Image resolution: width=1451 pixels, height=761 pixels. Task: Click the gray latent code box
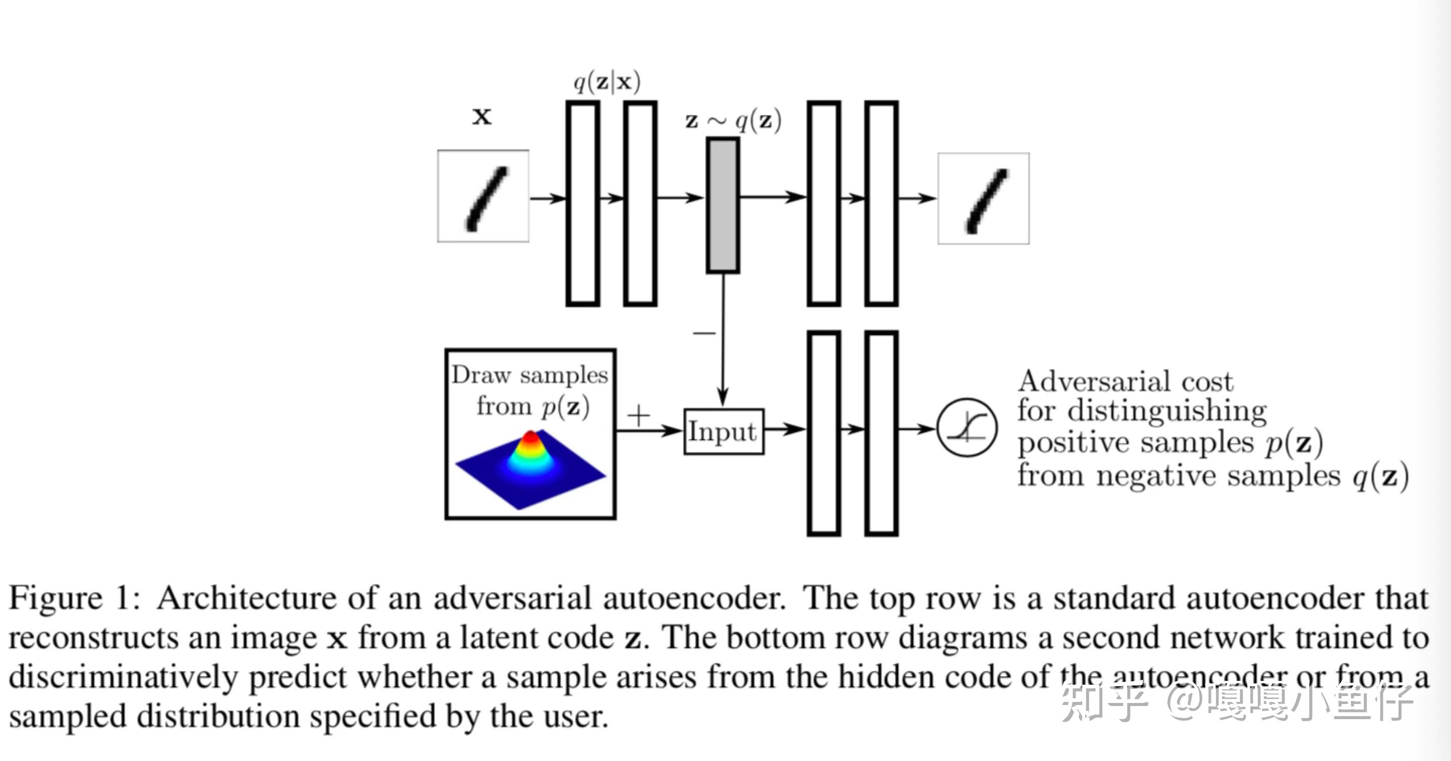pos(722,205)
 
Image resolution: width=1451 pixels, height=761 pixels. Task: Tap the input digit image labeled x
pos(483,196)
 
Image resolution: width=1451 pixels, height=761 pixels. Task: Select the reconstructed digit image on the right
pos(983,198)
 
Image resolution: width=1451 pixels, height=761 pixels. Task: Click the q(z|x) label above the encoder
pos(606,82)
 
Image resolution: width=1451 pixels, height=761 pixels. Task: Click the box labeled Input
pos(723,431)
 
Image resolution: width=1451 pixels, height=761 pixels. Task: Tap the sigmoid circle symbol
pos(967,427)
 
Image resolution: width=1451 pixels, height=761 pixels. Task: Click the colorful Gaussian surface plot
pos(530,467)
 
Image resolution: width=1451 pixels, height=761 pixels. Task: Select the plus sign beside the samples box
pos(638,416)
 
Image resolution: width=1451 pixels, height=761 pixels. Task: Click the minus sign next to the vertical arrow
pos(703,333)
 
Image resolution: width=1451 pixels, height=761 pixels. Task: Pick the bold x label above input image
pos(482,116)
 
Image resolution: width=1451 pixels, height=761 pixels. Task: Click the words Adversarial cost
pos(1125,382)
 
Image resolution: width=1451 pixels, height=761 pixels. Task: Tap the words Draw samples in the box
pos(529,375)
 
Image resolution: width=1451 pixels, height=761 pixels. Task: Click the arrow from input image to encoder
pos(547,198)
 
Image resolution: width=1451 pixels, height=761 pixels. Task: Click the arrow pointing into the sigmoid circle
pos(917,429)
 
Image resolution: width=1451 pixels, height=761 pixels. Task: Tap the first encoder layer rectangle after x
pos(582,203)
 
